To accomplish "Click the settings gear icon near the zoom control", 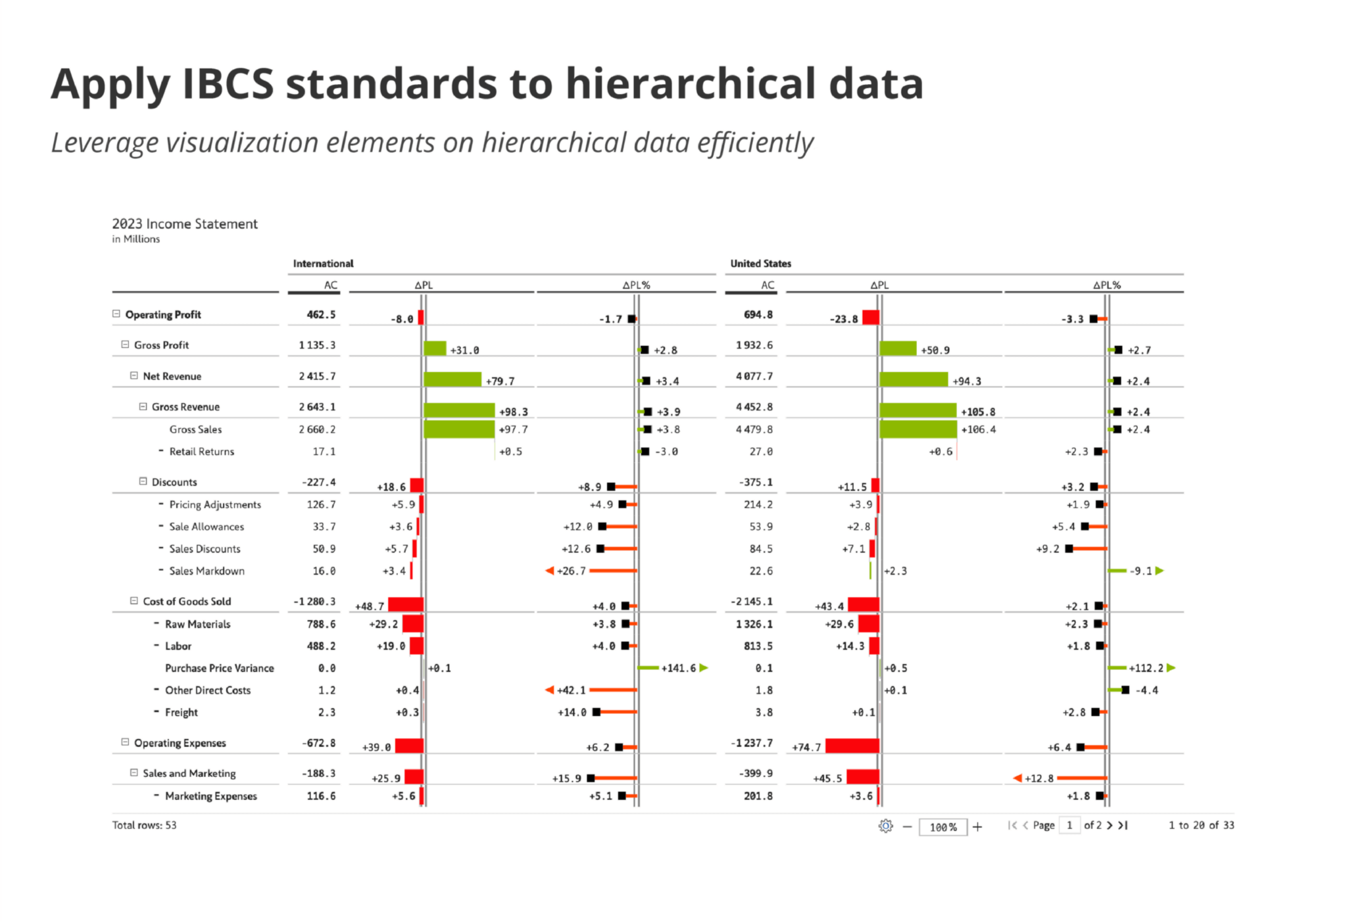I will pos(885,826).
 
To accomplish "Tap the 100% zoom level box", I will pos(943,827).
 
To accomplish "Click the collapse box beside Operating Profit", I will pos(116,314).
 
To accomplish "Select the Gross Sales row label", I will pos(195,429).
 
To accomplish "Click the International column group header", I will pos(323,264).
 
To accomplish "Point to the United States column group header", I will pos(760,264).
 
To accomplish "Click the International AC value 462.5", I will pos(321,315).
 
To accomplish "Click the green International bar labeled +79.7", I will pos(453,379).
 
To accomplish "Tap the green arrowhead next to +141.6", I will pos(704,668).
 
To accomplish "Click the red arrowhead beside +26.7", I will pos(550,571).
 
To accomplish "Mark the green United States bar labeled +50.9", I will pos(898,348).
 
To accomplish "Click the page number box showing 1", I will pos(1069,826).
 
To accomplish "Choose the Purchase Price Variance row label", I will pos(219,668).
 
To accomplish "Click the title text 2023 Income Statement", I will pos(185,224).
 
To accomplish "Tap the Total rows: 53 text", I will pos(144,825).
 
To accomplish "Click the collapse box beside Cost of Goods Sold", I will pos(134,601).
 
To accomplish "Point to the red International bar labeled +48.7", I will pos(406,605).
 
